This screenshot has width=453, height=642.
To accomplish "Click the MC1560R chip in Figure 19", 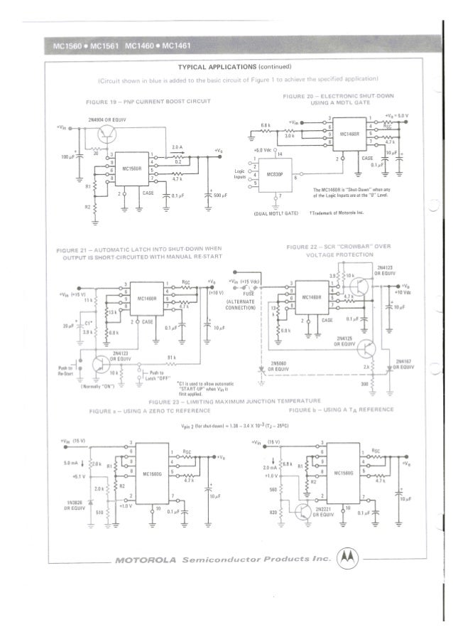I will (133, 168).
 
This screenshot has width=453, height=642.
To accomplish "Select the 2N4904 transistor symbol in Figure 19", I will (107, 131).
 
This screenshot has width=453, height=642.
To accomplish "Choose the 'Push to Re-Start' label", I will (66, 370).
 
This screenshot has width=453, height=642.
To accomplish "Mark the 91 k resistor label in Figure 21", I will (171, 357).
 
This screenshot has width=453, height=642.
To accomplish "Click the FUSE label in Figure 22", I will (250, 292).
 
